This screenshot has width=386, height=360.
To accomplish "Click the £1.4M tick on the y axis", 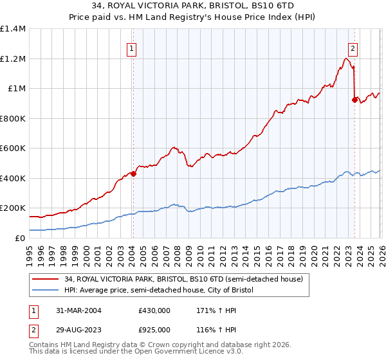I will pos(13,29).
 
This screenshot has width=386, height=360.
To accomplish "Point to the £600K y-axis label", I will pos(13,148).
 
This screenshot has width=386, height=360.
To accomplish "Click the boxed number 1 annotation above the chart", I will pos(132,47).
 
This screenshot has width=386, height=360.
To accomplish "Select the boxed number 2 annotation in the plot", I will pos(353,47).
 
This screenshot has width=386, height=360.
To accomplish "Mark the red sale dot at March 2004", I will pos(133,174).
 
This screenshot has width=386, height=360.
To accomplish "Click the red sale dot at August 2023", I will pos(354,100).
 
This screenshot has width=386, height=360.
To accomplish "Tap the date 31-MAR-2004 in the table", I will pos(75,310).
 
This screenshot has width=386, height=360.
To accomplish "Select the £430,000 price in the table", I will pos(154,310).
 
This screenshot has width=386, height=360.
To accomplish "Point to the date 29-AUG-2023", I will pos(75,330).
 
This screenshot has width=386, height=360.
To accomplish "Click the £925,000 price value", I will pos(154,330).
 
